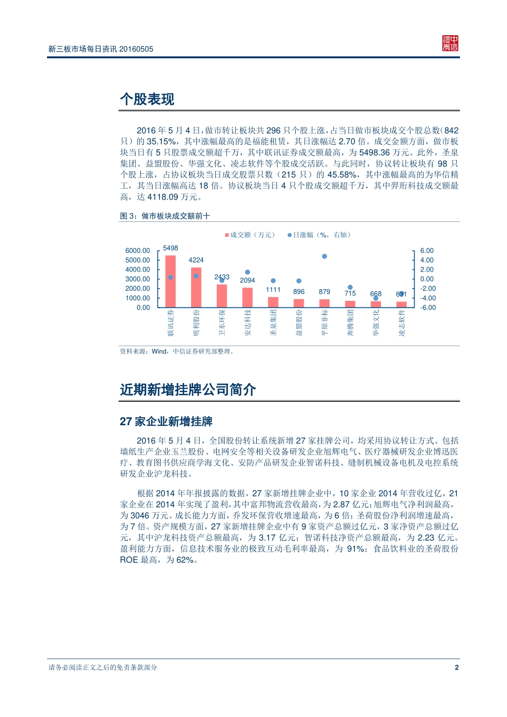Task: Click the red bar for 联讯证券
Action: [x=170, y=282]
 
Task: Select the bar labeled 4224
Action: [x=196, y=288]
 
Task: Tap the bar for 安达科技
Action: [x=247, y=298]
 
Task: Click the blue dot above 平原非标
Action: [x=324, y=257]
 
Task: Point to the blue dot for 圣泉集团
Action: [x=273, y=281]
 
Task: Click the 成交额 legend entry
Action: [x=250, y=235]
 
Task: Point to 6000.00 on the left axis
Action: [x=138, y=251]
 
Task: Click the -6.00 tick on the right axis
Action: [x=427, y=308]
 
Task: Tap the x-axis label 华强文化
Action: [x=376, y=323]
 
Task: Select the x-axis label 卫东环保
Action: [x=222, y=323]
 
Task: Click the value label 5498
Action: [x=171, y=248]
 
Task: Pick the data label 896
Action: [x=299, y=292]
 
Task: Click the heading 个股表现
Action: [x=147, y=99]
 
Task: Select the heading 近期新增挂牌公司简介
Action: [x=188, y=390]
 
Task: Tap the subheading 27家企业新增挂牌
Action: [x=166, y=421]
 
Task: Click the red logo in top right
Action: [x=450, y=44]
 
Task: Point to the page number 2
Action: [x=456, y=667]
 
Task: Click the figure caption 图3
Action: [x=165, y=216]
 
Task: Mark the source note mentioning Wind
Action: [x=177, y=352]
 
